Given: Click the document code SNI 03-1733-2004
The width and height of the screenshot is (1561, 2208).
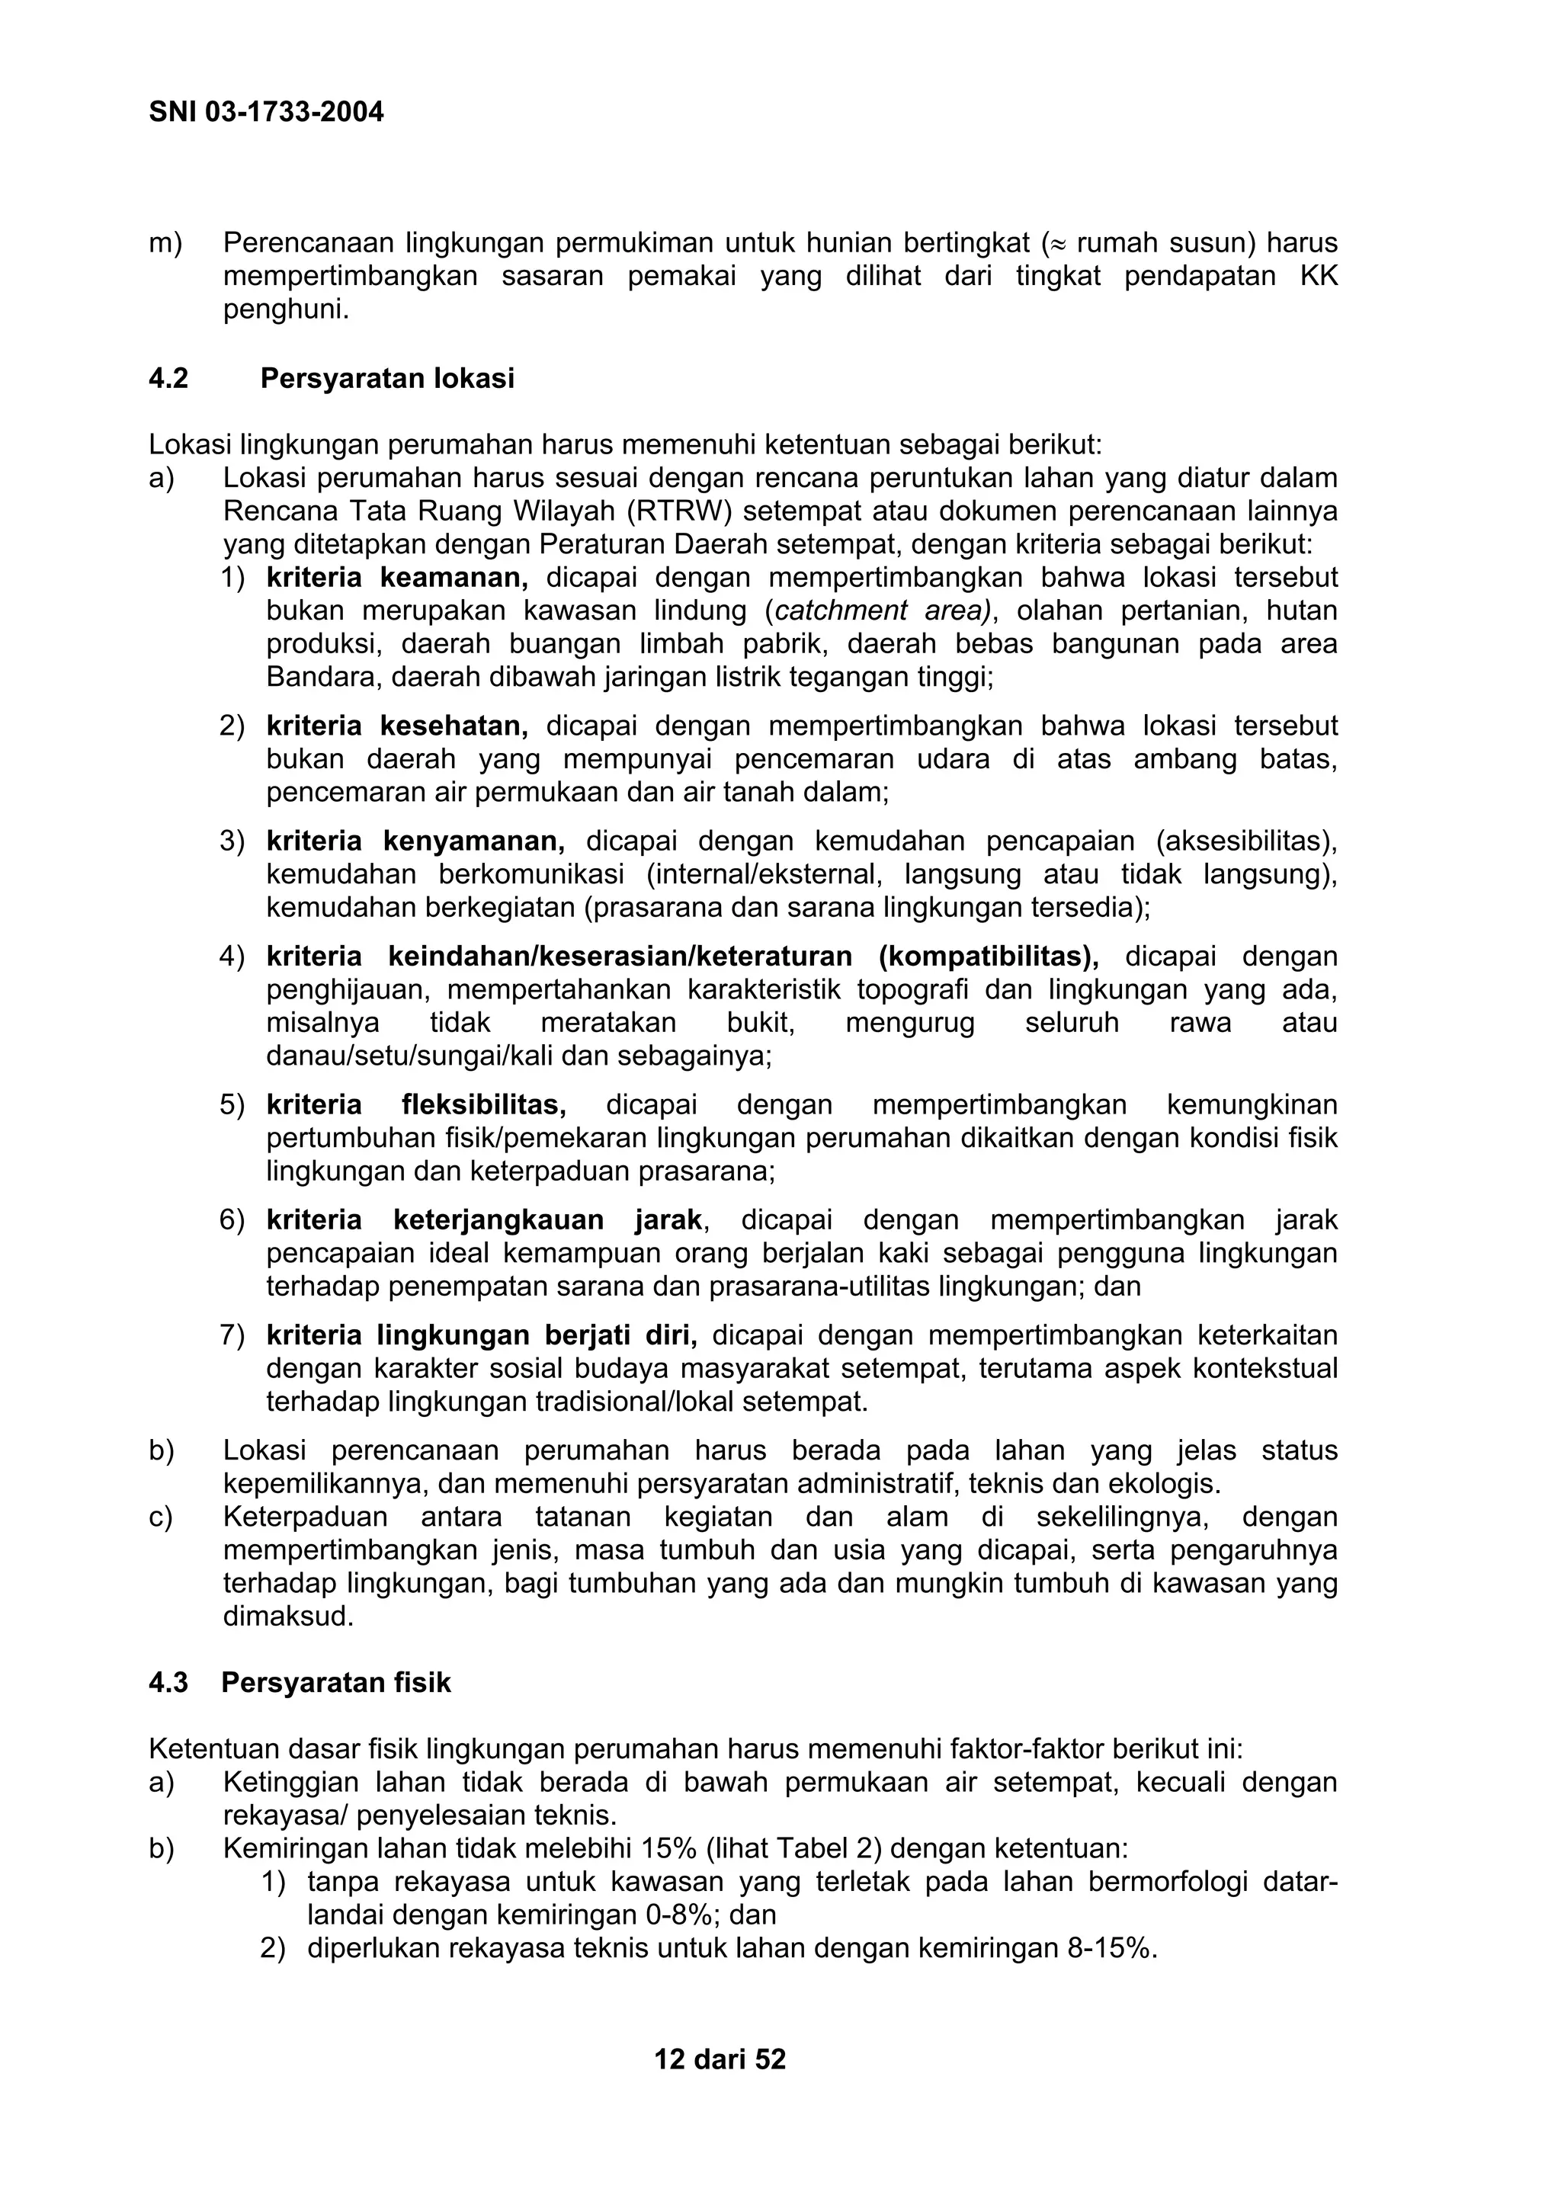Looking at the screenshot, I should tap(267, 113).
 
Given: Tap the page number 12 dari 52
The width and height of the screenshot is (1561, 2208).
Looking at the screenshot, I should tap(720, 2059).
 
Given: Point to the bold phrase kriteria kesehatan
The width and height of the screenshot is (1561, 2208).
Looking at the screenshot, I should tap(396, 726).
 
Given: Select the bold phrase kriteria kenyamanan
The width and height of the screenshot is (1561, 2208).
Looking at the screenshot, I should tap(415, 841).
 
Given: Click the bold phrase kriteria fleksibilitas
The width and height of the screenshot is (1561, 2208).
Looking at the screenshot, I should tap(415, 1105).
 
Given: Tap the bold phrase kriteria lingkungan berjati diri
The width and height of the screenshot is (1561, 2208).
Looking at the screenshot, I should tap(481, 1336).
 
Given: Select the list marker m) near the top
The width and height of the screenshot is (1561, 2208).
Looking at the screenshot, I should tap(165, 243).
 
